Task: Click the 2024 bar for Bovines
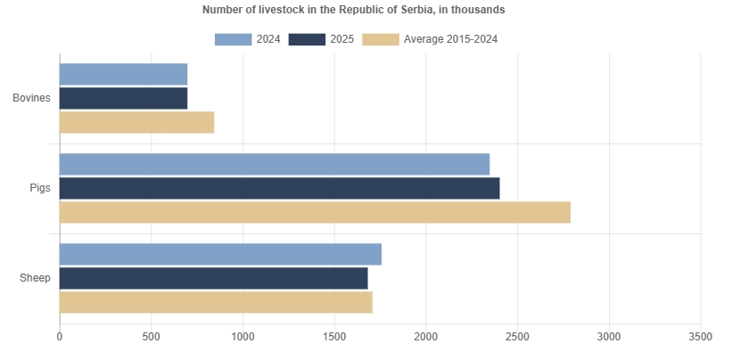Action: coord(123,74)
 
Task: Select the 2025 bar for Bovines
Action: coord(123,98)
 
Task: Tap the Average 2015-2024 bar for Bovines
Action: coord(136,122)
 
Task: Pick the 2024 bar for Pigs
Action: coord(275,164)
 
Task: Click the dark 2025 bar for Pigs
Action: coord(279,188)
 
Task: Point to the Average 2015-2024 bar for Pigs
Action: coord(315,212)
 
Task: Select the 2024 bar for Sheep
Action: coord(220,254)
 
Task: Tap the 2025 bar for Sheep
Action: coord(213,278)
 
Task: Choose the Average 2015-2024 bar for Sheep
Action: coord(216,302)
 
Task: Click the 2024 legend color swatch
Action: coord(233,39)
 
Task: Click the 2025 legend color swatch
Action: coord(307,39)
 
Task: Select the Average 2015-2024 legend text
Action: coord(450,39)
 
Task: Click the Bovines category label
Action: coord(31,98)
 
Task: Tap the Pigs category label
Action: coord(40,188)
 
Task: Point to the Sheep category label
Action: coord(35,278)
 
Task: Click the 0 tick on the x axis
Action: coord(60,337)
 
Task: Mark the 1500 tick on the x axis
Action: coord(334,337)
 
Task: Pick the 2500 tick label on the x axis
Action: coord(518,337)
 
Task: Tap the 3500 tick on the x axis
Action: coord(700,337)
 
